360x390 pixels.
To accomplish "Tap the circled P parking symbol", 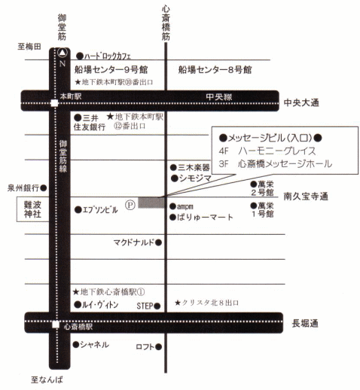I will (x=130, y=203).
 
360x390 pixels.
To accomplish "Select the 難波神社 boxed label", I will (x=30, y=209).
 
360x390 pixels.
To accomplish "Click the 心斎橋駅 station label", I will (x=78, y=328).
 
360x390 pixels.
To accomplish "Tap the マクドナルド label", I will (x=133, y=242).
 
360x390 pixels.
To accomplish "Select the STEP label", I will (x=144, y=306).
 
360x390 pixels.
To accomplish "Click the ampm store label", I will (x=185, y=206).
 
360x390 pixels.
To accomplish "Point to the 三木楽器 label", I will (x=194, y=167).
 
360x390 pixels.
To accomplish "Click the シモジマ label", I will (x=195, y=179).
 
